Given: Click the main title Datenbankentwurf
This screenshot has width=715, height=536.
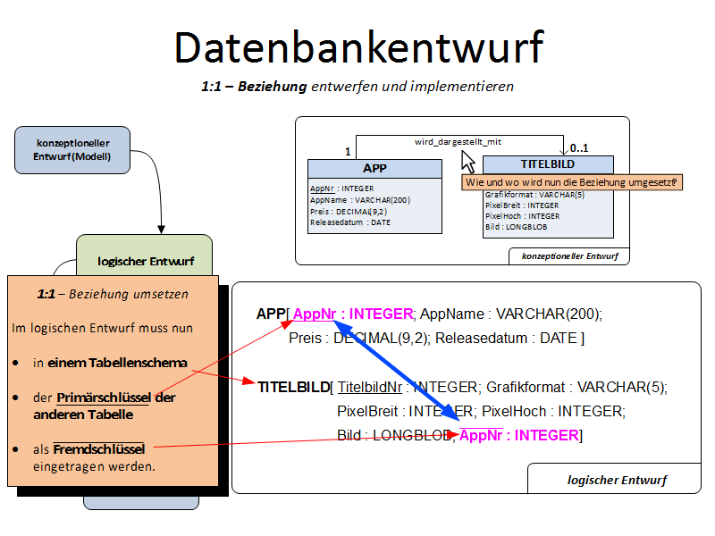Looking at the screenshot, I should tap(357, 47).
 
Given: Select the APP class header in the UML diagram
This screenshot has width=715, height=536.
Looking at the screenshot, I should tap(374, 168).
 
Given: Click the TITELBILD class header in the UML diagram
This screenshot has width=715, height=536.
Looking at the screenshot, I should tap(548, 164).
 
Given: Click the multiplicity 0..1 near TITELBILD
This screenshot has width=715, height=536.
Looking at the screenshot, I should tap(579, 148).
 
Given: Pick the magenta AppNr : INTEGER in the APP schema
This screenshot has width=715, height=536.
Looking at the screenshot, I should tap(353, 314).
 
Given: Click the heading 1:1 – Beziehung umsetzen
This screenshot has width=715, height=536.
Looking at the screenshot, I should tap(113, 293).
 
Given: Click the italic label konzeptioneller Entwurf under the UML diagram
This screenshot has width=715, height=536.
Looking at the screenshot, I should tap(569, 256).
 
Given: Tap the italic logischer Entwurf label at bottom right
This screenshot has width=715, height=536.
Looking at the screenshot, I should tap(617, 480).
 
